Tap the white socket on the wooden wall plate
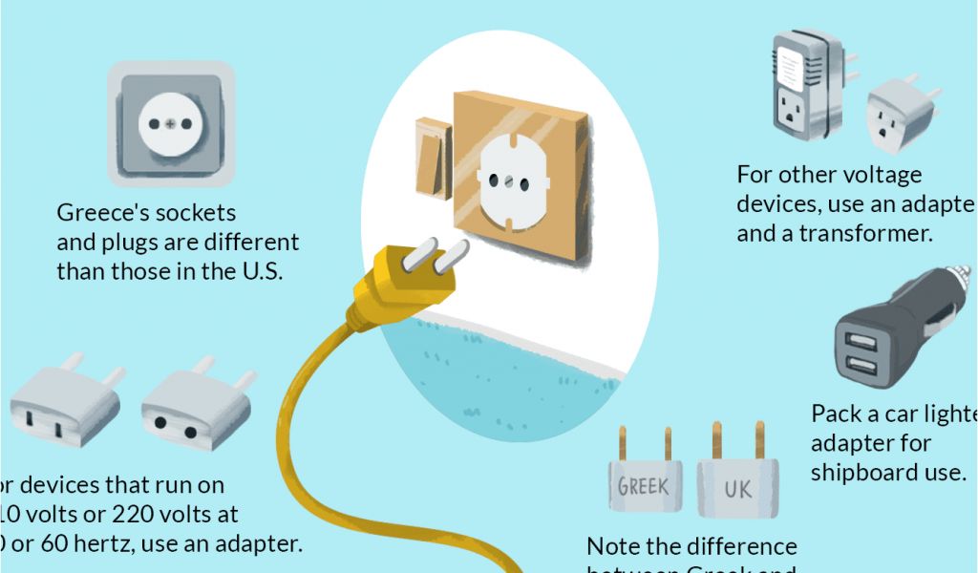point(509,176)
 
